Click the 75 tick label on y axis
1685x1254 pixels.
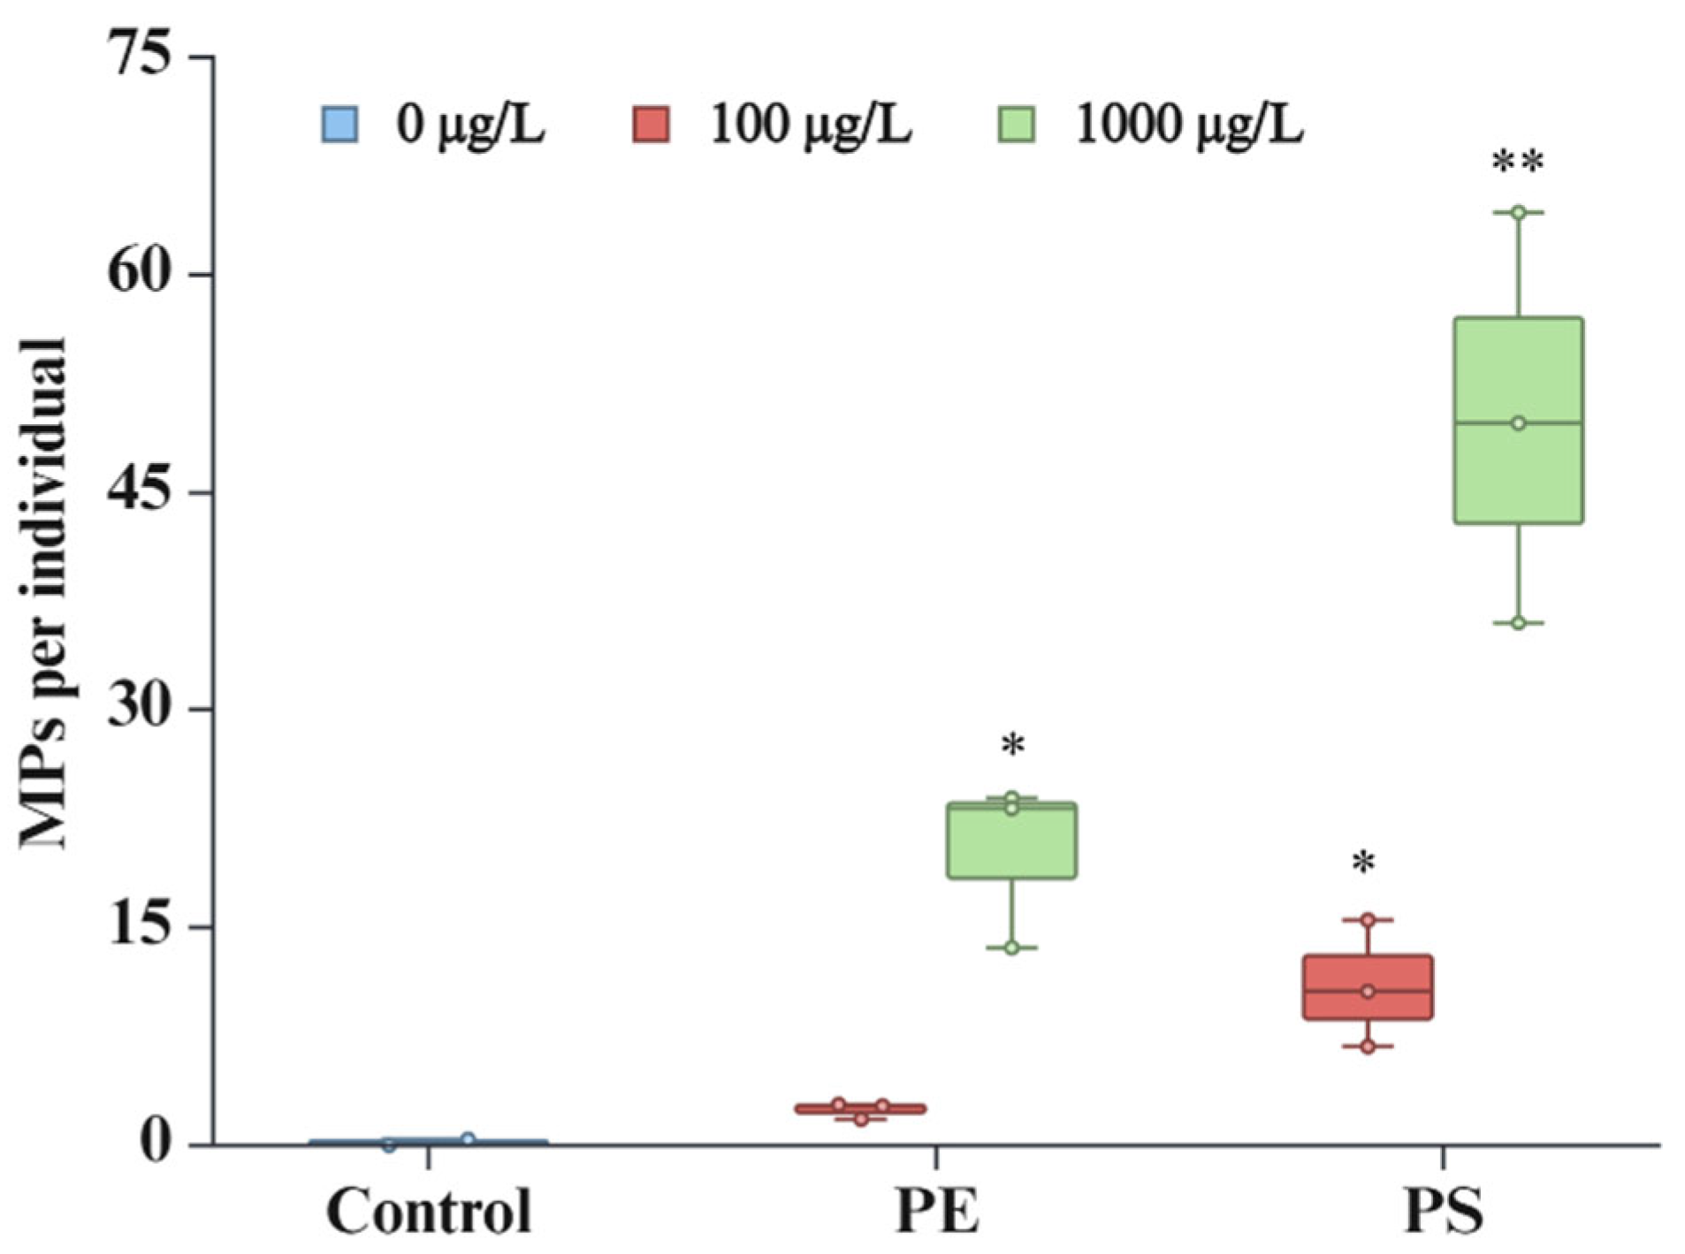pos(137,55)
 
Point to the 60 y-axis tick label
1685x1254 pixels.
pos(137,272)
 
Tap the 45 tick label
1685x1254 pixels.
pos(137,490)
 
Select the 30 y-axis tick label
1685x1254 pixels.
pos(137,708)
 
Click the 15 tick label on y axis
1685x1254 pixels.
pos(137,926)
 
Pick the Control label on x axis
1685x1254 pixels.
pos(429,1211)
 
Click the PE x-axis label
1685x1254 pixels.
pos(937,1211)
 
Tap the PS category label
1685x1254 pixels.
pos(1443,1211)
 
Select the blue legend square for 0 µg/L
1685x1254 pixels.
pos(339,125)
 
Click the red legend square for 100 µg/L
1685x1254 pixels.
pos(652,125)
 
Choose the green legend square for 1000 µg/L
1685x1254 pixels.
pos(1017,125)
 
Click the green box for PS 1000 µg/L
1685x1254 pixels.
pos(1518,420)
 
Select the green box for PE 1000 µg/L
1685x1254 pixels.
pos(1011,840)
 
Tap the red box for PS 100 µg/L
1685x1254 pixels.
pos(1368,987)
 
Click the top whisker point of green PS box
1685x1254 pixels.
pos(1518,212)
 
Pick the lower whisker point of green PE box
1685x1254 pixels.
pos(1011,947)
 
